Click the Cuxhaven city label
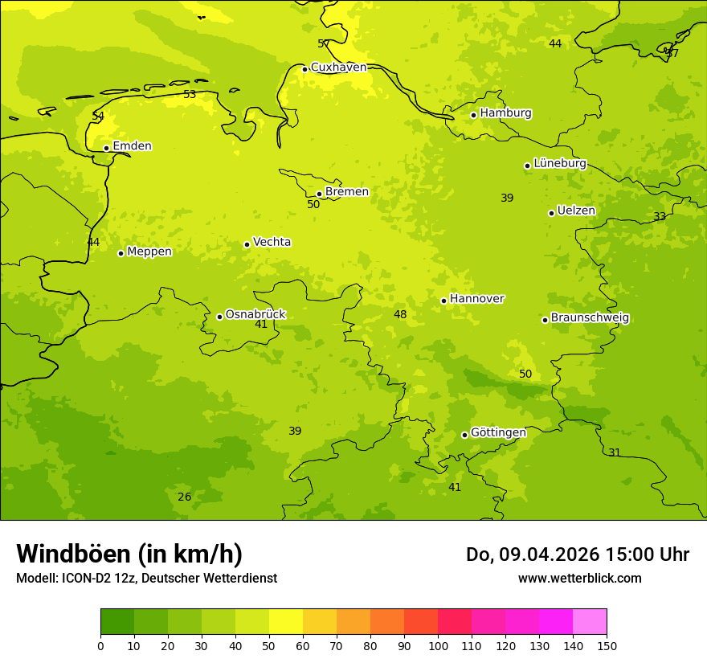click(x=338, y=68)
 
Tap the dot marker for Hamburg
click(x=474, y=115)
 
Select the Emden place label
click(x=132, y=146)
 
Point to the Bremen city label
click(x=346, y=192)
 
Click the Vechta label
click(x=272, y=242)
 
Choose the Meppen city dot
click(x=121, y=253)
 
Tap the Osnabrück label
click(x=255, y=314)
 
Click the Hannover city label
click(x=476, y=299)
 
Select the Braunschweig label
click(x=590, y=318)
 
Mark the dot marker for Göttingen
click(x=464, y=435)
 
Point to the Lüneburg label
click(x=559, y=163)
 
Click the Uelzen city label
click(x=576, y=211)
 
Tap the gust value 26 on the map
click(x=185, y=497)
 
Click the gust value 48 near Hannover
click(x=400, y=315)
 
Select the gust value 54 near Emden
click(x=98, y=117)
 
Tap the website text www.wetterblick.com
click(x=579, y=579)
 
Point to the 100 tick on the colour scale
click(x=438, y=645)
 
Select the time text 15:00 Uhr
click(x=648, y=554)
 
